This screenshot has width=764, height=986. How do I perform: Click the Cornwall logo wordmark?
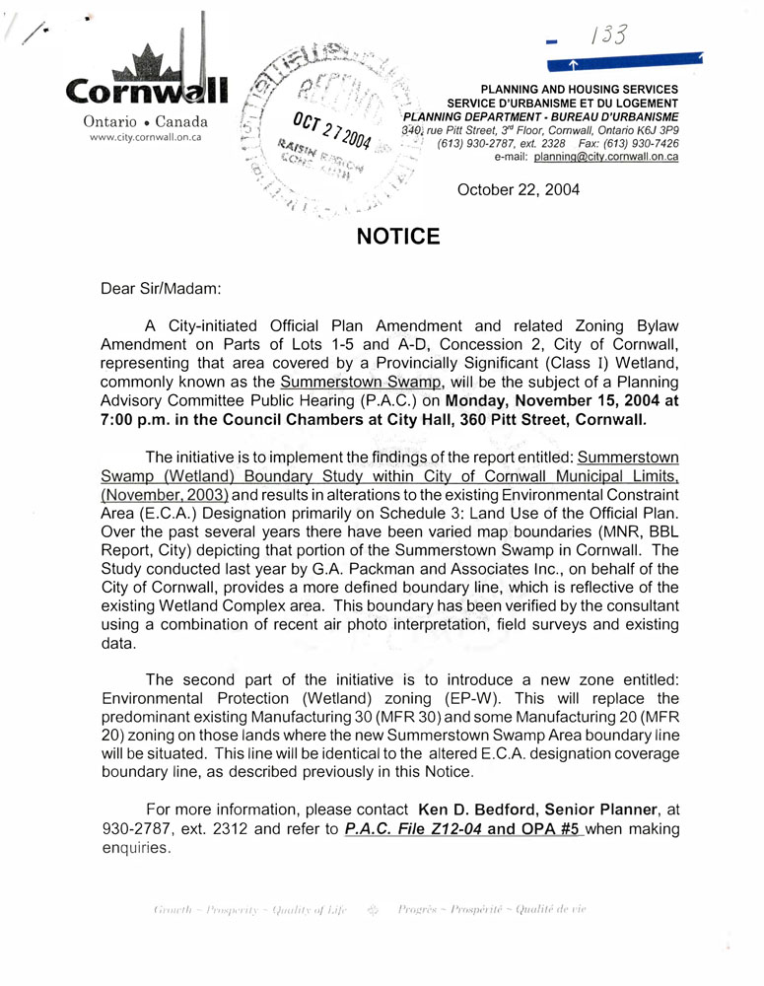pyautogui.click(x=147, y=92)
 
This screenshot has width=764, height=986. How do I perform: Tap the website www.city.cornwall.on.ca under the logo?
pyautogui.click(x=146, y=138)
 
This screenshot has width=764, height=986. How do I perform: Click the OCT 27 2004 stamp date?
pyautogui.click(x=330, y=133)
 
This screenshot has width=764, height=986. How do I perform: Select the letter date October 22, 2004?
pyautogui.click(x=519, y=189)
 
